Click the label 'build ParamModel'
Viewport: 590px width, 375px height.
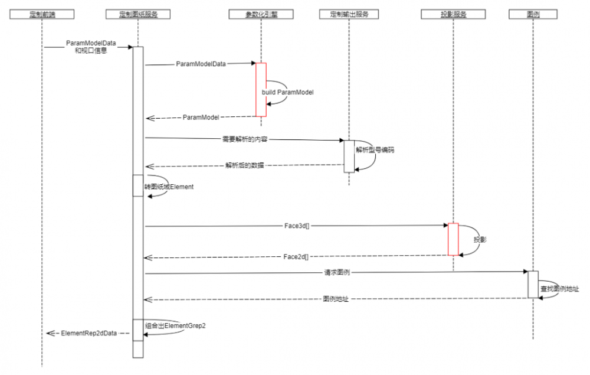click(288, 93)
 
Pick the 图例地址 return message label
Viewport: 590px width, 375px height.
click(335, 299)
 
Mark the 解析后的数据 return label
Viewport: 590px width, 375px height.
click(244, 165)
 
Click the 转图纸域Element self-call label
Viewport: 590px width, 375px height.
click(169, 187)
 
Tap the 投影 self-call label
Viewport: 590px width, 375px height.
click(480, 240)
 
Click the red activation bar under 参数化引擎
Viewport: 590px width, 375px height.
click(261, 89)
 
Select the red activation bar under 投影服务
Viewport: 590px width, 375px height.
click(453, 239)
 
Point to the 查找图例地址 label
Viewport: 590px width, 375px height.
click(559, 289)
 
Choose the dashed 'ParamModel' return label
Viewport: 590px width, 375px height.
click(201, 118)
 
